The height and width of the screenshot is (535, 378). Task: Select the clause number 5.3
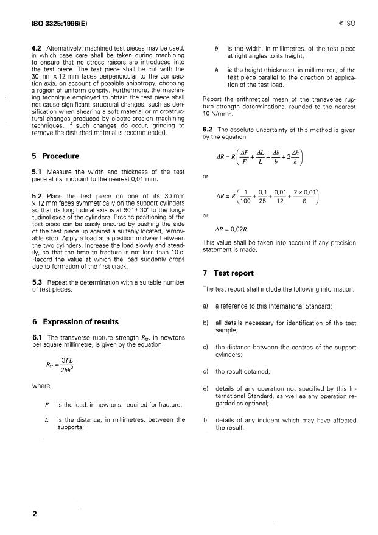pyautogui.click(x=37, y=283)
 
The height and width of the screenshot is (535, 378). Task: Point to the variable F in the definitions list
pyautogui.click(x=47, y=405)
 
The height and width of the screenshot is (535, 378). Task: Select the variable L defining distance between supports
pyautogui.click(x=47, y=419)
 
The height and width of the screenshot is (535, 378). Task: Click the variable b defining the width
pyautogui.click(x=218, y=47)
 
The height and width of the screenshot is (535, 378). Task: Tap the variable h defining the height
pyautogui.click(x=218, y=71)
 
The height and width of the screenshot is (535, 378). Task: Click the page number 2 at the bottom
pyautogui.click(x=34, y=514)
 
